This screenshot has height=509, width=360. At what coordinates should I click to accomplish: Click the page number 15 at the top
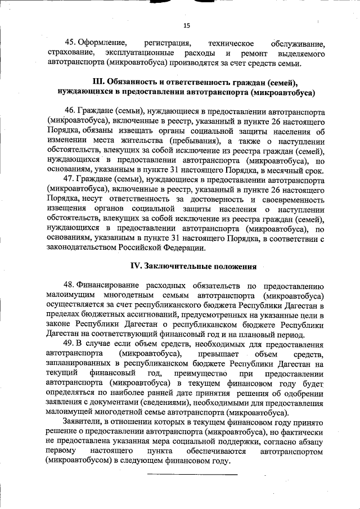click(187, 25)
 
